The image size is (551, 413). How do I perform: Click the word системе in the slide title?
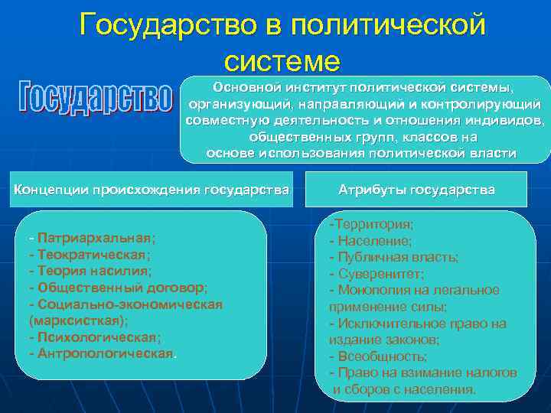click(x=282, y=59)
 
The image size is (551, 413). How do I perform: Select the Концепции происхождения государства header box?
click(x=152, y=189)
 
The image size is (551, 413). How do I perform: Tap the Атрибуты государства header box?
click(x=416, y=189)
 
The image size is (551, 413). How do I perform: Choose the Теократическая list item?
click(x=89, y=254)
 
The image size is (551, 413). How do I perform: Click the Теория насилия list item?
click(x=90, y=271)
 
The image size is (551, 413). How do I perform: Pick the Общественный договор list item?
click(x=118, y=288)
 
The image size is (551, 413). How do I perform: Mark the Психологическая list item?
click(x=95, y=337)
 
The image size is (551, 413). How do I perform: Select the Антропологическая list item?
click(x=102, y=353)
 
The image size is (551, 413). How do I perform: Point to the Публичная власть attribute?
click(x=394, y=258)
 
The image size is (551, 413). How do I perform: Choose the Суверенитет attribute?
click(x=380, y=274)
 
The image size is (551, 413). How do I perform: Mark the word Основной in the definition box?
click(x=247, y=87)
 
